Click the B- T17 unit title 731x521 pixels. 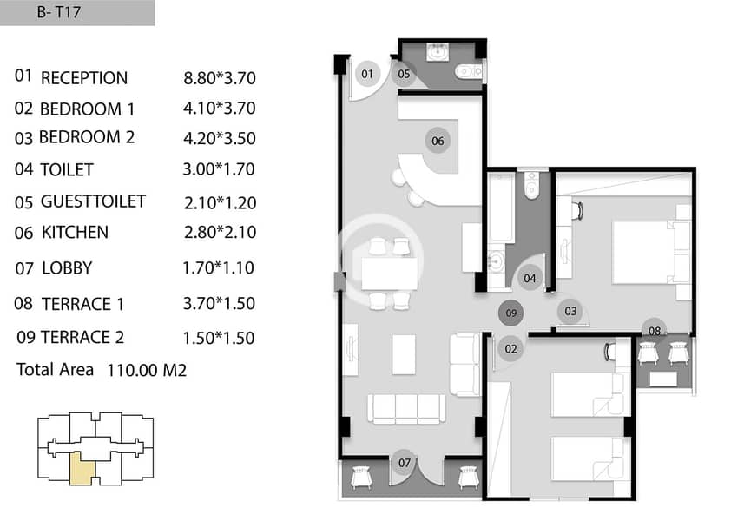point(59,11)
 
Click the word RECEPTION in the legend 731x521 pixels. point(84,78)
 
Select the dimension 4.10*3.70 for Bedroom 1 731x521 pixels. point(219,109)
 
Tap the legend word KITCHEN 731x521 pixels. point(75,233)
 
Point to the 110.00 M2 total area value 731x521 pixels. point(147,370)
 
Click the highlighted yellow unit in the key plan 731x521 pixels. point(82,469)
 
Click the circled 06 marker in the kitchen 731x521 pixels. point(438,141)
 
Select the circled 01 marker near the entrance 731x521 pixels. point(367,74)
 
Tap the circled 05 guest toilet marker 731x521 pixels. point(405,74)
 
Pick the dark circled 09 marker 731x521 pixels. point(511,313)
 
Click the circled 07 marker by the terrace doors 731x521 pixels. point(405,462)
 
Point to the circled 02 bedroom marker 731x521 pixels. point(511,348)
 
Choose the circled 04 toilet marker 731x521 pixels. point(530,278)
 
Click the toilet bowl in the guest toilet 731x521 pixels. point(469,72)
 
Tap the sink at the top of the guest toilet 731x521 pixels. point(438,52)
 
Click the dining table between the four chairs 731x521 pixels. point(390,274)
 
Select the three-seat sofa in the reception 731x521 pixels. point(406,409)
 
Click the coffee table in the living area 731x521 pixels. point(404,354)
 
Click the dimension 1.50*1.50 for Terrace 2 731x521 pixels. point(219,338)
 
